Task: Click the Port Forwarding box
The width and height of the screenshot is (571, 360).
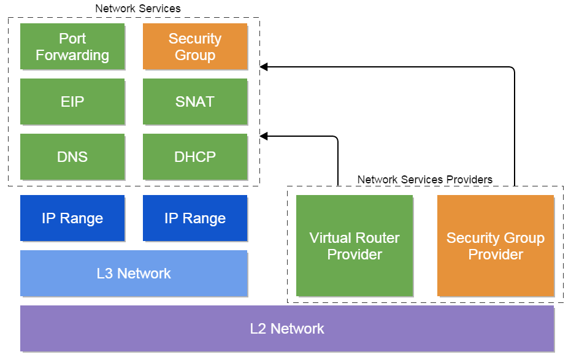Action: point(72,46)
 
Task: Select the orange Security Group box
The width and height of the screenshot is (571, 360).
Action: point(195,46)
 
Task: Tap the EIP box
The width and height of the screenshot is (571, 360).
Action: point(72,102)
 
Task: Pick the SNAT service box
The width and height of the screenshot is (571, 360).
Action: point(195,102)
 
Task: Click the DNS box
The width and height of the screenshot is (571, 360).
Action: point(72,157)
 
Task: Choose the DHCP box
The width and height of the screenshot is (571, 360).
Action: point(195,157)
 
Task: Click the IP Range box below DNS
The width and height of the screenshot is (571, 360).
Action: point(72,218)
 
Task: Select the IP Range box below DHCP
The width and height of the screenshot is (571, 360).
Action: point(195,218)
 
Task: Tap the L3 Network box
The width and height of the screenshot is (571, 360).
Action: point(134,274)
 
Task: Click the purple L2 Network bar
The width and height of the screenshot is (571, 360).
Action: point(287,328)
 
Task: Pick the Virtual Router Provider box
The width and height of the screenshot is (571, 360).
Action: point(354,246)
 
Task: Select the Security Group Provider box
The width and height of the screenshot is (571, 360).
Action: point(496,246)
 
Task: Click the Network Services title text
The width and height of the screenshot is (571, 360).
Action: point(137,9)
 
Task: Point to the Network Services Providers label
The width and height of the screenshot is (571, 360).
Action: point(424,180)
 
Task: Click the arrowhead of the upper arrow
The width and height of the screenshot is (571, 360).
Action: point(264,67)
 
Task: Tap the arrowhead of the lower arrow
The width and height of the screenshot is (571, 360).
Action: point(264,136)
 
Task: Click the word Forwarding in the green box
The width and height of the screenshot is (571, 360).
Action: point(72,55)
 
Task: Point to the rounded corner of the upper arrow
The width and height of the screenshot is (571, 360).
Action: point(513,69)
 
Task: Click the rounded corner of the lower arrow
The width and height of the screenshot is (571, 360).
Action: point(336,138)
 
